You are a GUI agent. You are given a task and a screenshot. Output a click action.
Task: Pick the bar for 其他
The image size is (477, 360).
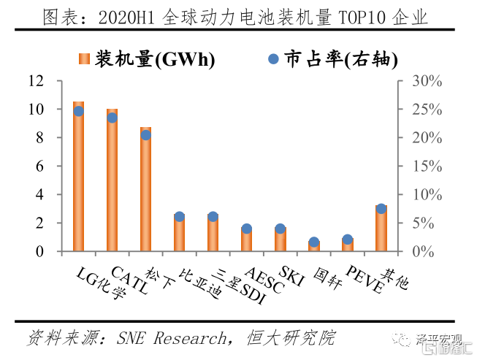pyautogui.click(x=381, y=229)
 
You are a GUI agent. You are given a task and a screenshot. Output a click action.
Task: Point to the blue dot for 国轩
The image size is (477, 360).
pyautogui.click(x=314, y=242)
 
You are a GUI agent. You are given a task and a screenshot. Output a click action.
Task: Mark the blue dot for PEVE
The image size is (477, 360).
pyautogui.click(x=348, y=240)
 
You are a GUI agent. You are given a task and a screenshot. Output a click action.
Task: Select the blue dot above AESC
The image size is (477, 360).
pyautogui.click(x=247, y=229)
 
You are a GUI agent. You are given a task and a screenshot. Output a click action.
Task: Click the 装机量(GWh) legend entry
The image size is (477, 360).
pyautogui.click(x=146, y=60)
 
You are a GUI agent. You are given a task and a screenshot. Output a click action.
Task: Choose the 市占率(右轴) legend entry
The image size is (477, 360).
pyautogui.click(x=314, y=60)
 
